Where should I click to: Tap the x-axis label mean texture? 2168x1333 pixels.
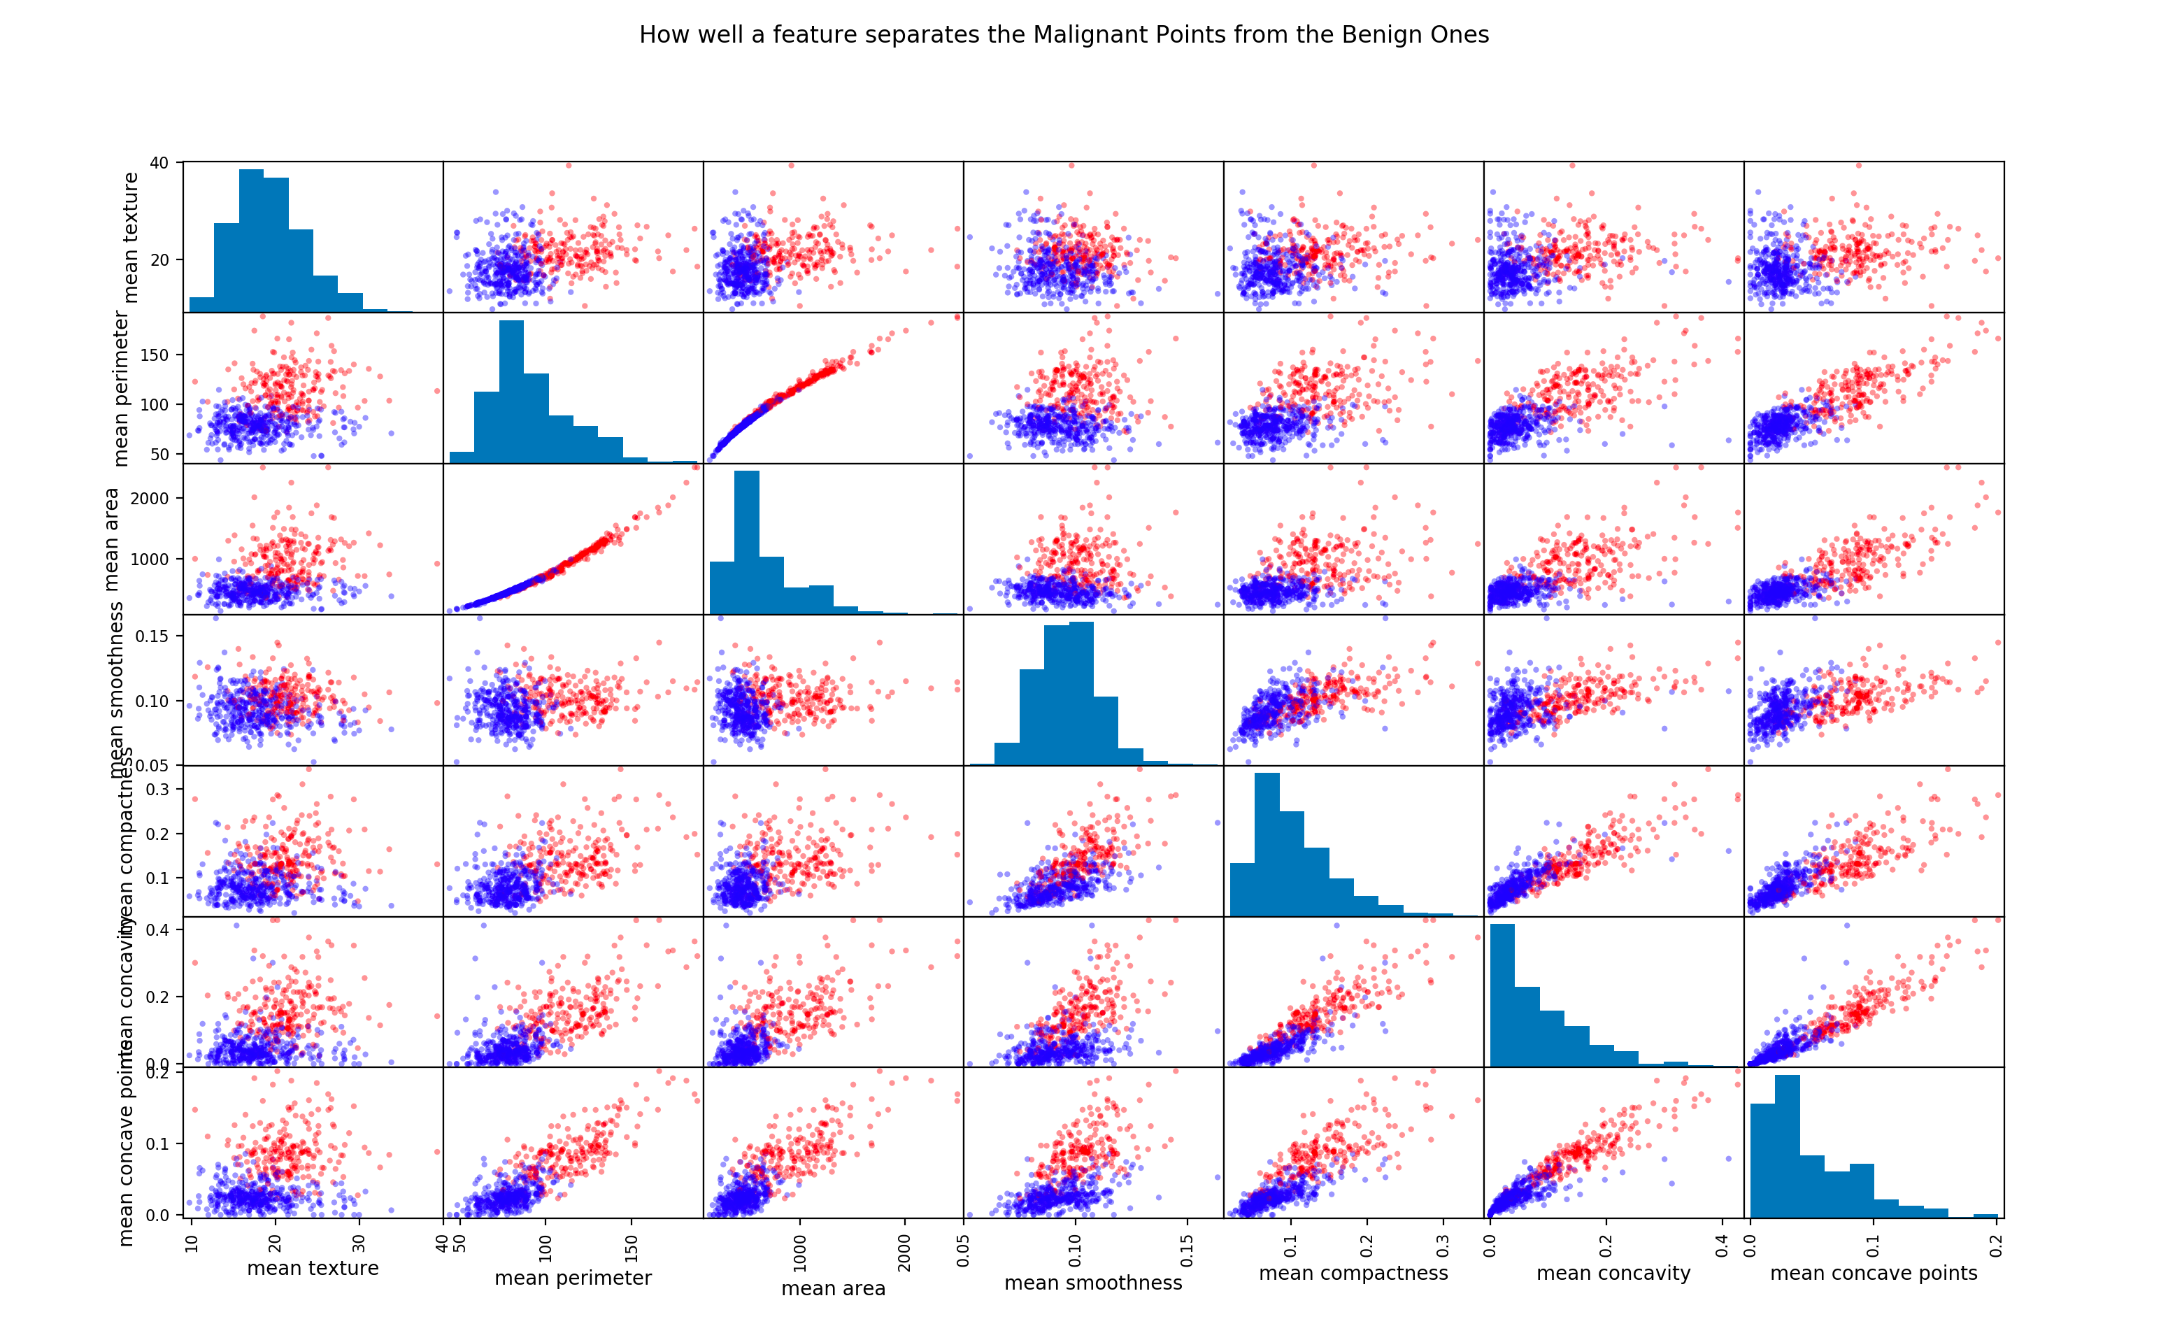pyautogui.click(x=313, y=1268)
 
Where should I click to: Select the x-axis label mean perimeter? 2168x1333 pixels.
pyautogui.click(x=573, y=1278)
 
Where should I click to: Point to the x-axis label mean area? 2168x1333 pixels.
pyautogui.click(x=833, y=1288)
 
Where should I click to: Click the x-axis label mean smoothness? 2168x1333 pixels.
pyautogui.click(x=1093, y=1283)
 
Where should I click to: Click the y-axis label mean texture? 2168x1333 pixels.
pyautogui.click(x=131, y=237)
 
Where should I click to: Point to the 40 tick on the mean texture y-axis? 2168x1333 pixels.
pyautogui.click(x=159, y=163)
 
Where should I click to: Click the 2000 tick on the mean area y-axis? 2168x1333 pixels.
pyautogui.click(x=149, y=498)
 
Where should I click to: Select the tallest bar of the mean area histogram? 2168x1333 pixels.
pyautogui.click(x=747, y=542)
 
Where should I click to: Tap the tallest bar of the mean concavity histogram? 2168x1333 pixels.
pyautogui.click(x=1502, y=995)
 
